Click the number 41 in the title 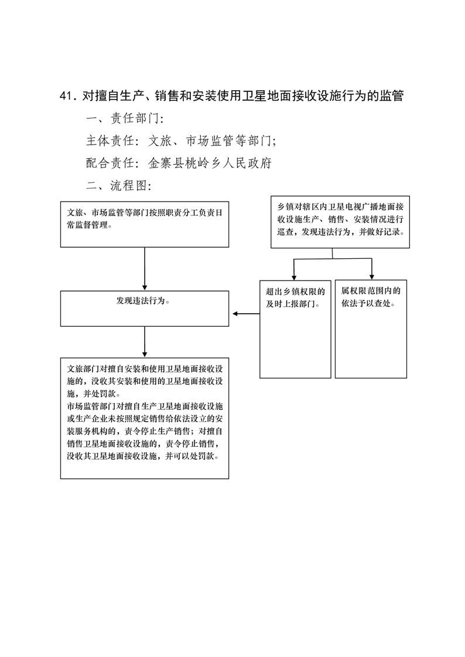point(66,97)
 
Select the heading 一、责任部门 point(124,119)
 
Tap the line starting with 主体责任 point(181,141)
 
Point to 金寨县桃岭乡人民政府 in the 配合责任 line point(210,163)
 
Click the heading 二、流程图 point(118,185)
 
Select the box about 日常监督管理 point(145,224)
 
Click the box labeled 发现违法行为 point(145,309)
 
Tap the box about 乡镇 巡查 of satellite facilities point(340,222)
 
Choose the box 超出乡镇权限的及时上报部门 point(295,329)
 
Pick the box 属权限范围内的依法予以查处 point(371,329)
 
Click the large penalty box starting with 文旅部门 point(145,418)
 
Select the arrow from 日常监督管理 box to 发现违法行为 point(145,269)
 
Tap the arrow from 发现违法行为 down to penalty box point(145,342)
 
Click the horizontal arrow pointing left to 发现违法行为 point(246,313)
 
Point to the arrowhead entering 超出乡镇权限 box point(294,278)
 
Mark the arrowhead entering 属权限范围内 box point(371,277)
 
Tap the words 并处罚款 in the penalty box point(101,394)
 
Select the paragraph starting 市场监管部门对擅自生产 point(145,431)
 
